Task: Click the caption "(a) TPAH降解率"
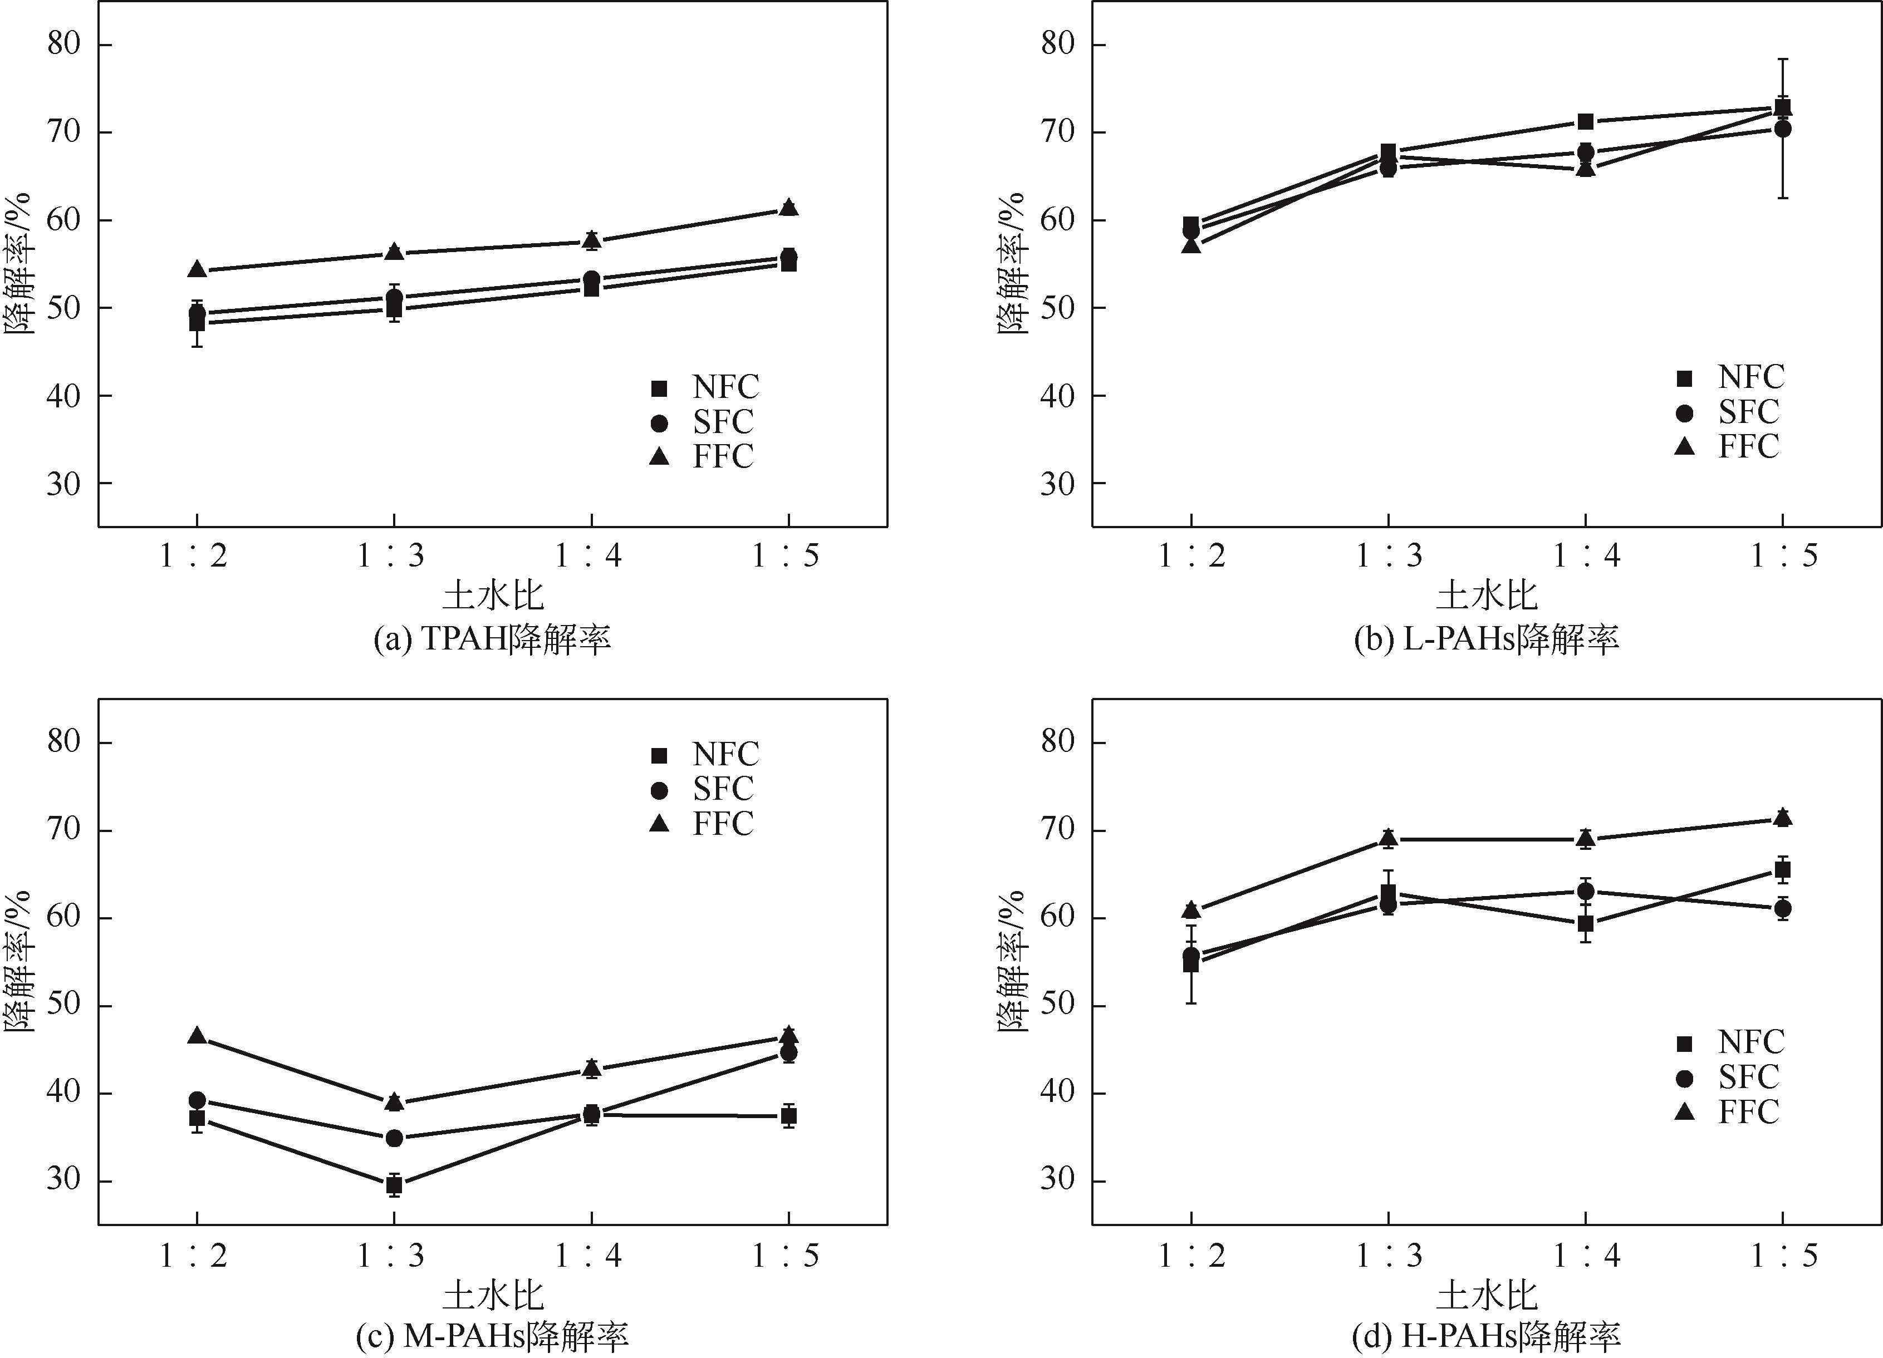pos(492,638)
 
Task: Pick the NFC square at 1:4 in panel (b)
pos(1585,122)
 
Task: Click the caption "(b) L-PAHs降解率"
pos(1486,638)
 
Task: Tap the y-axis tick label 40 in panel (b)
pos(1057,395)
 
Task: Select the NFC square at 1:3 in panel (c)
pos(394,1184)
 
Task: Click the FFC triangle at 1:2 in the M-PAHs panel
pos(197,1036)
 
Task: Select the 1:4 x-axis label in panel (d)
pos(1585,1255)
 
